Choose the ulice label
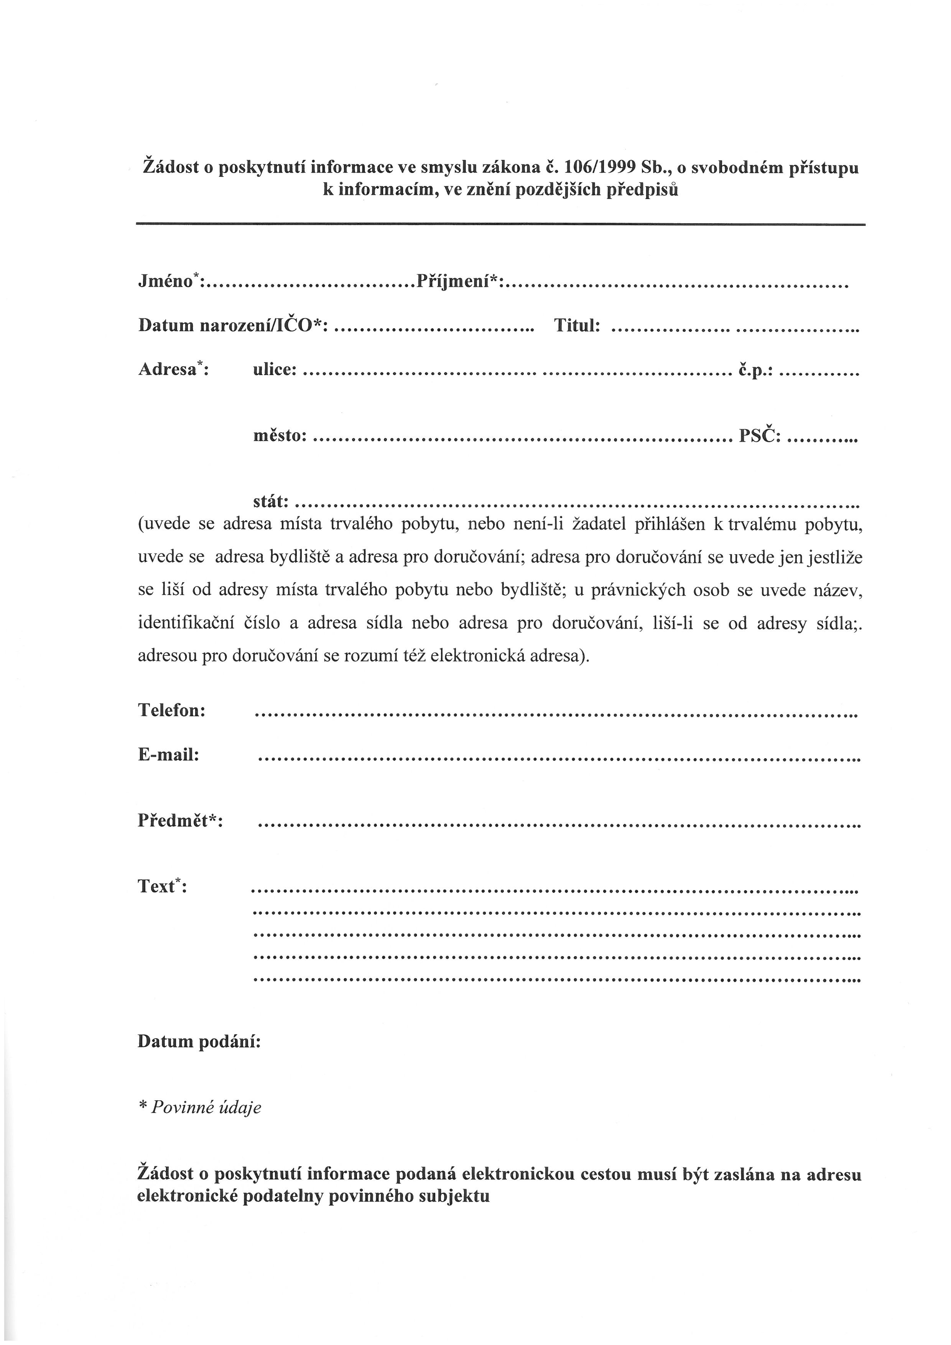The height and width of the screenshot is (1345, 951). tap(274, 370)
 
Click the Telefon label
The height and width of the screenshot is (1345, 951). tap(171, 711)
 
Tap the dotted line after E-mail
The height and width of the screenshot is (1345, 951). tap(559, 759)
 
